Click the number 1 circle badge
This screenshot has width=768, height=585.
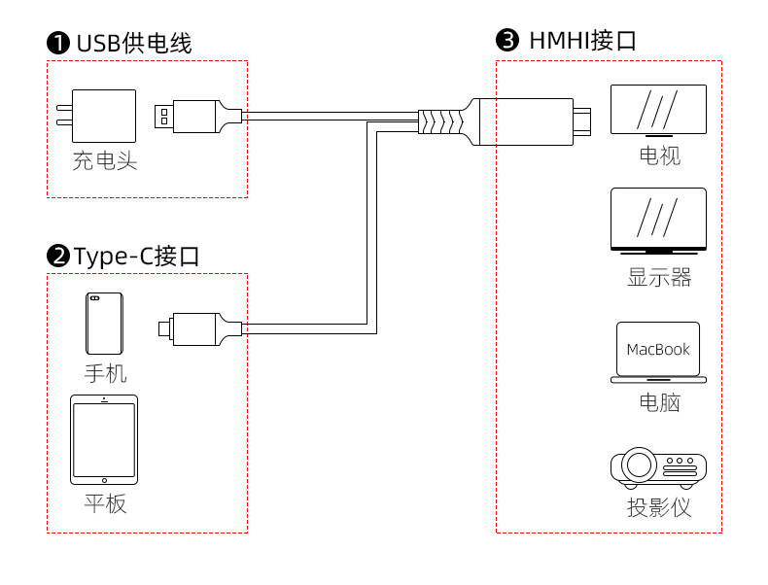[57, 43]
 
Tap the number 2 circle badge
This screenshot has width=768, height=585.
[57, 256]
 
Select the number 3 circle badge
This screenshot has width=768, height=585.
[507, 40]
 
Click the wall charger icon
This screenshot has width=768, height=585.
[96, 116]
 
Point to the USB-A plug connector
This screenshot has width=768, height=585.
[198, 117]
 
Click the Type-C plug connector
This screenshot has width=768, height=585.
[200, 329]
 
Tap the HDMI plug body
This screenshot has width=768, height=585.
[527, 121]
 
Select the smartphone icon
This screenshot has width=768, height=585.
[104, 324]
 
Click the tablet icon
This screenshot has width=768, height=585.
[104, 439]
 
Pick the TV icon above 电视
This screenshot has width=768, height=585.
[658, 111]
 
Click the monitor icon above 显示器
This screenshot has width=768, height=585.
[658, 221]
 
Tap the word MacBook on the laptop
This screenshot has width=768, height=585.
[658, 350]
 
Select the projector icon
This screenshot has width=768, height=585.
[658, 468]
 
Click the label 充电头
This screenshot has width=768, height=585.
[105, 160]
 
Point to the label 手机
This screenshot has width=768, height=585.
[105, 374]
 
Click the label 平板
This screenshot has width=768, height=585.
[105, 503]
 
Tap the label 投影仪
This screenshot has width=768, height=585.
[659, 507]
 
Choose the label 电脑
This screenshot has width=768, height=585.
[659, 402]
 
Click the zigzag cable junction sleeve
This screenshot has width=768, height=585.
[440, 121]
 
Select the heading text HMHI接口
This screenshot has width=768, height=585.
[583, 40]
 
